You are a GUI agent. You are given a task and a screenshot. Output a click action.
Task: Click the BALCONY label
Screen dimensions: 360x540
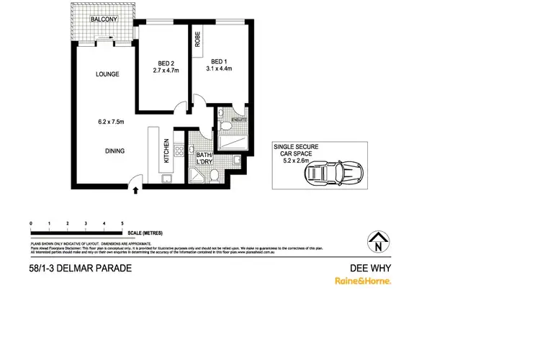(x=104, y=19)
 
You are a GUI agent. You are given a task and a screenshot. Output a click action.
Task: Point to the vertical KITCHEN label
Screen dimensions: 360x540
(x=166, y=148)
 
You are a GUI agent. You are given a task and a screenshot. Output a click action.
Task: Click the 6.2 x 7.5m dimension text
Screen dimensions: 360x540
(x=112, y=122)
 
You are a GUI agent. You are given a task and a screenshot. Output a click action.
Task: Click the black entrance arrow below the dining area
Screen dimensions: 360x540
(x=135, y=189)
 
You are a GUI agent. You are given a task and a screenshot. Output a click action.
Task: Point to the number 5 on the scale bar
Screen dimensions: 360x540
(x=123, y=225)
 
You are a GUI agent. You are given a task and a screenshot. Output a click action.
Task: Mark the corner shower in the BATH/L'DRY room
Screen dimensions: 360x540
(x=197, y=175)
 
